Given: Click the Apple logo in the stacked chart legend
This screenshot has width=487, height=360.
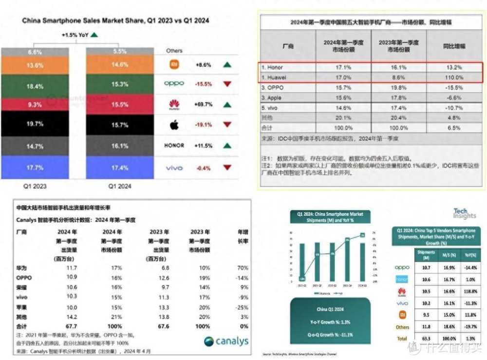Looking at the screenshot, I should pos(174,125).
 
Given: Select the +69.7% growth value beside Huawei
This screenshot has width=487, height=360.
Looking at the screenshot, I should pos(203,104).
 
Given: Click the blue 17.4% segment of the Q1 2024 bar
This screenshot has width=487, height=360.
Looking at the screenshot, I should pos(120,168).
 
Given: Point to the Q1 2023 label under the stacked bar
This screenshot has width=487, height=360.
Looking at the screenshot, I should pos(35,186).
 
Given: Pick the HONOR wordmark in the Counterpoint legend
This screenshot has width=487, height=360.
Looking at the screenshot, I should pos(174,146).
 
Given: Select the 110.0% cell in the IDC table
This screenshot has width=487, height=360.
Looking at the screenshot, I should pos(453,77).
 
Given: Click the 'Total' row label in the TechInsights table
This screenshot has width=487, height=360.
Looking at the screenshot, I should pos(402,338).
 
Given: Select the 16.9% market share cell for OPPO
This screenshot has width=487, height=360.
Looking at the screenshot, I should pos(449,267).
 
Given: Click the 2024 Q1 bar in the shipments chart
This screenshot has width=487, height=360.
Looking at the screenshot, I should pos(362,263).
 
